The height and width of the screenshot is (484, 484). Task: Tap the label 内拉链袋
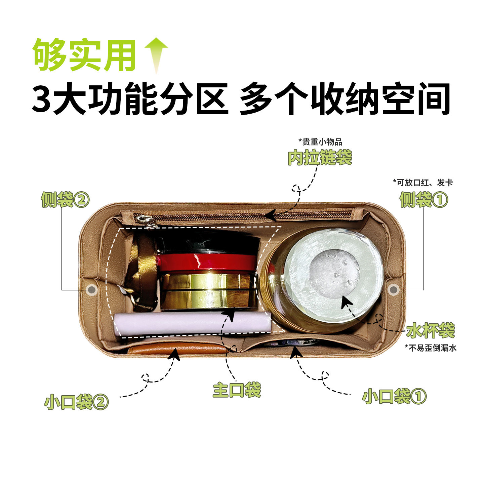click(x=320, y=157)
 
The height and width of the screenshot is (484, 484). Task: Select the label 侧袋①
click(x=424, y=200)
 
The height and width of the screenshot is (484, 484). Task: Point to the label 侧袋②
click(x=65, y=200)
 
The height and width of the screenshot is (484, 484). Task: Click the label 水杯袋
click(x=431, y=330)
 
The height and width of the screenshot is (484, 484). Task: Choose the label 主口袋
click(x=237, y=390)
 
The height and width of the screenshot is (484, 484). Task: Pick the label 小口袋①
click(x=394, y=396)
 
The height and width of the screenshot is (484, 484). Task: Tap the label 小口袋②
click(x=77, y=402)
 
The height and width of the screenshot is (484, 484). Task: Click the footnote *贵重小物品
click(x=320, y=142)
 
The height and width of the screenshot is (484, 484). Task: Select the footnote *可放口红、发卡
click(x=423, y=183)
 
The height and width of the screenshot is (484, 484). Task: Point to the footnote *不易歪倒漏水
click(x=431, y=348)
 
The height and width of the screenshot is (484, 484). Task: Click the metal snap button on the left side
click(x=91, y=289)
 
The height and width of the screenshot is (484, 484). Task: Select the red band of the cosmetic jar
click(x=206, y=262)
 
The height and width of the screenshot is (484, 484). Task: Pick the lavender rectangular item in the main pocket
click(x=192, y=324)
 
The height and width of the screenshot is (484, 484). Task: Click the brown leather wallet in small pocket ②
click(x=178, y=349)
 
